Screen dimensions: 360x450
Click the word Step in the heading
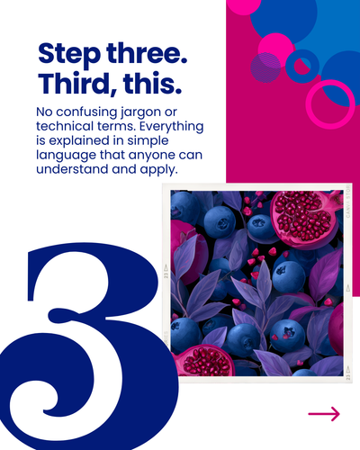[x=69, y=54]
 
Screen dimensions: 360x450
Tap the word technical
[x=65, y=126]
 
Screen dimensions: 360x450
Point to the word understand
[x=72, y=169]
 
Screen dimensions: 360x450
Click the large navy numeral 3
[x=87, y=345]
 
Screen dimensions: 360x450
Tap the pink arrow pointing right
[x=324, y=414]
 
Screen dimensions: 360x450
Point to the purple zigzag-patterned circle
[x=265, y=67]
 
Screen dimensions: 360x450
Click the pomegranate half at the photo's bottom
[x=204, y=361]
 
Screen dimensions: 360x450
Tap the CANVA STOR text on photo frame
[x=348, y=202]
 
